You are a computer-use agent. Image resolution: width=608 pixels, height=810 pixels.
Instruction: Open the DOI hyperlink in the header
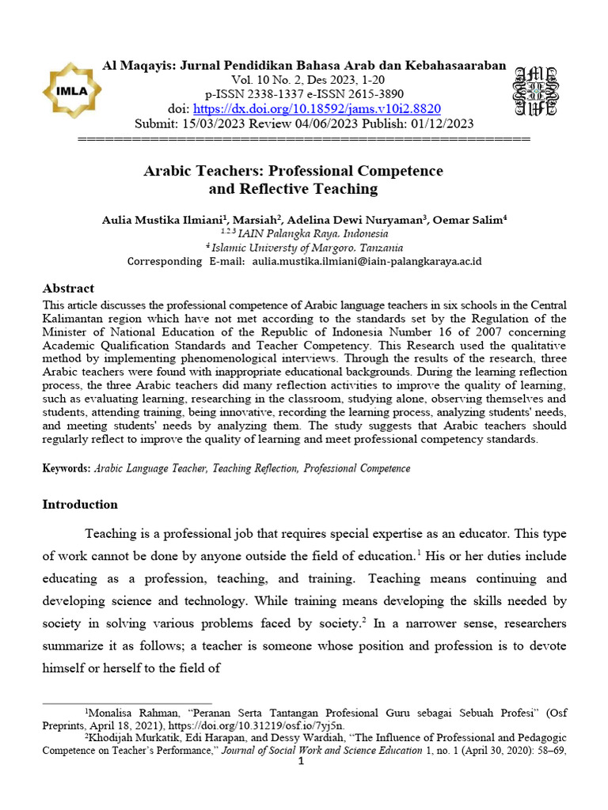[317, 108]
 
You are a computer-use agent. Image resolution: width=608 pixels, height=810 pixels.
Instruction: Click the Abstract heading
[68, 289]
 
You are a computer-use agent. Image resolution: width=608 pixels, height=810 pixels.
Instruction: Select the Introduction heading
[80, 505]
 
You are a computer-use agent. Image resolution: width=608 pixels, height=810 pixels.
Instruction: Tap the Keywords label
[66, 468]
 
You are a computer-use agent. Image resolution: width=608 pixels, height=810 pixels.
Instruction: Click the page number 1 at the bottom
[301, 762]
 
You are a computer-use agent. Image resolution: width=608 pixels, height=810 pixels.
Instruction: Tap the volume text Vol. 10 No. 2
[266, 80]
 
